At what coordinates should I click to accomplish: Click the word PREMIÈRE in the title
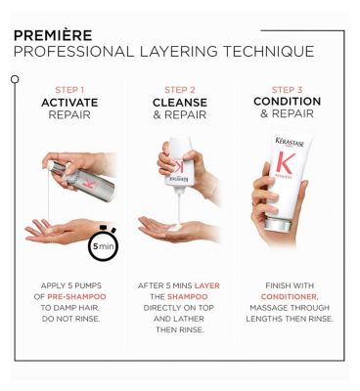53,35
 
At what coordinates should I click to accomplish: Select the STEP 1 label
69,90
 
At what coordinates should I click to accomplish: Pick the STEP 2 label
180,90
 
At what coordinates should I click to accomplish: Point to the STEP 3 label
287,90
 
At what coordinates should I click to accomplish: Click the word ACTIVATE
69,103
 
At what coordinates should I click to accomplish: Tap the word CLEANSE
180,103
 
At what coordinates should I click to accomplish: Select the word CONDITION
287,102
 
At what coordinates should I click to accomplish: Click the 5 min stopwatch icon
103,243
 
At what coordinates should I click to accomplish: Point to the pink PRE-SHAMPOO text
76,297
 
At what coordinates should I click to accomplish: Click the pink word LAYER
207,285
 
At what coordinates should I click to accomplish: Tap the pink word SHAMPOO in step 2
188,297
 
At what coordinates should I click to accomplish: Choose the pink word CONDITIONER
290,297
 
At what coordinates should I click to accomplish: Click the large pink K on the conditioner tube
285,163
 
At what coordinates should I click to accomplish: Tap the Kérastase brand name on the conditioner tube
290,143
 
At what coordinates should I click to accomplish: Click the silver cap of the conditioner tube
277,225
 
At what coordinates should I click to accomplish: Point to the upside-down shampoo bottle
179,164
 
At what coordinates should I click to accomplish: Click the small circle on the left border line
15,79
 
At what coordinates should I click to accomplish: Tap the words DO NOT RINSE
70,319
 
